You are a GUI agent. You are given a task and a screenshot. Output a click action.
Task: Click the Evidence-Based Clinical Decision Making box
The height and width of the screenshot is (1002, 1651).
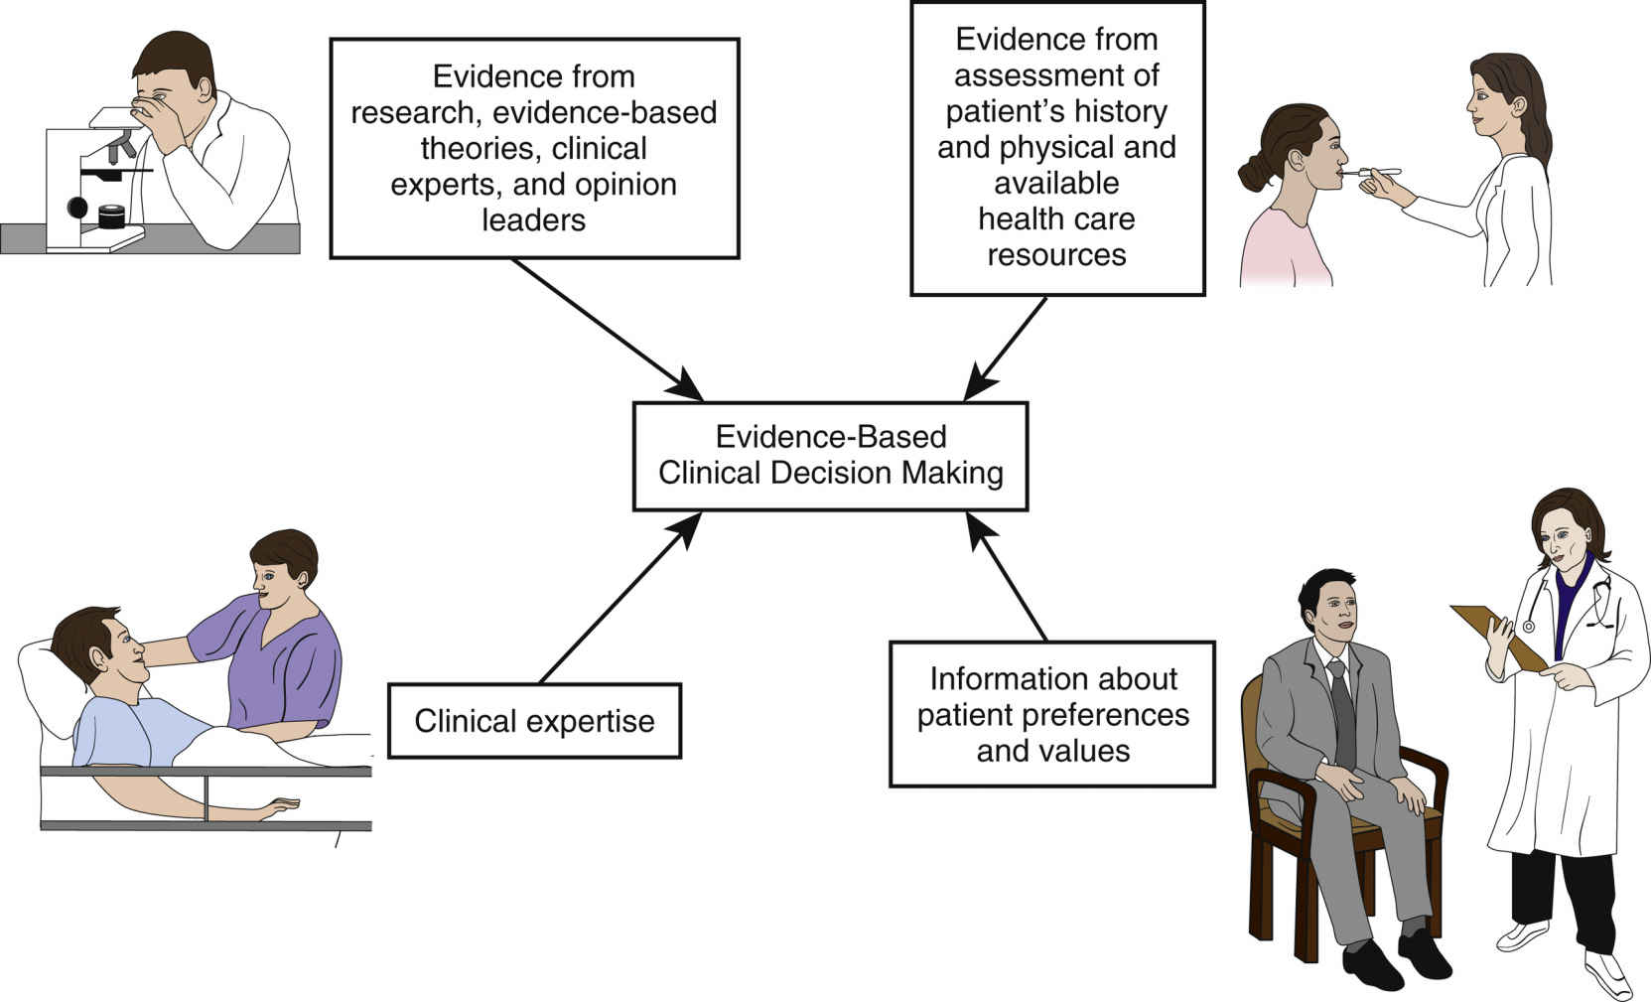[830, 456]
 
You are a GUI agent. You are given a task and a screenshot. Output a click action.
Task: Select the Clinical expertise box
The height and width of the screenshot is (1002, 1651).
[534, 721]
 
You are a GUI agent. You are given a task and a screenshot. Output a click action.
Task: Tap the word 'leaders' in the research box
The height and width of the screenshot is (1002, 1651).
[533, 219]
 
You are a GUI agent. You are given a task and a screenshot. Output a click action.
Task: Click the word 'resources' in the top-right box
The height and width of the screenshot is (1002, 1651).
[1056, 255]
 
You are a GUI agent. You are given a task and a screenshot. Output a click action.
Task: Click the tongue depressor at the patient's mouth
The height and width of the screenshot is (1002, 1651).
[1375, 172]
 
